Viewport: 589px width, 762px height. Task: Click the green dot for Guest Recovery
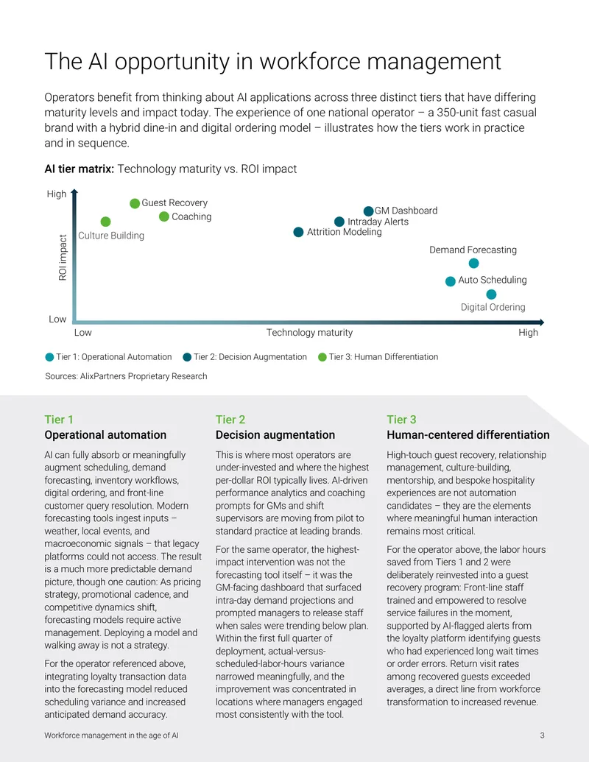pyautogui.click(x=135, y=204)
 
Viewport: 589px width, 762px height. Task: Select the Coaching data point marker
pyautogui.click(x=164, y=216)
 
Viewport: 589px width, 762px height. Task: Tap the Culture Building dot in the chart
pyautogui.click(x=106, y=222)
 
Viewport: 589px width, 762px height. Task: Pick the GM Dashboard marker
pyautogui.click(x=369, y=211)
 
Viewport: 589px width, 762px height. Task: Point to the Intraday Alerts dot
pyautogui.click(x=339, y=222)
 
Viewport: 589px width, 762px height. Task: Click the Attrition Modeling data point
pyautogui.click(x=299, y=233)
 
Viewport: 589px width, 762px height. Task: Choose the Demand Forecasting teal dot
pyautogui.click(x=474, y=264)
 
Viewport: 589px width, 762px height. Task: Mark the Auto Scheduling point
pyautogui.click(x=451, y=281)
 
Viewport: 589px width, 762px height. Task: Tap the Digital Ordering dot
pyautogui.click(x=491, y=294)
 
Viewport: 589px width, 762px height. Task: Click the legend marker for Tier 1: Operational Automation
pyautogui.click(x=49, y=357)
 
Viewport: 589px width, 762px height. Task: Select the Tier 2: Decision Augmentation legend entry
pyautogui.click(x=245, y=357)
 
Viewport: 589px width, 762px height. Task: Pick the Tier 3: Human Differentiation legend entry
pyautogui.click(x=378, y=357)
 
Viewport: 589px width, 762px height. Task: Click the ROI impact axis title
pyautogui.click(x=62, y=258)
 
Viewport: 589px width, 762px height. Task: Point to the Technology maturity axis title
pyautogui.click(x=309, y=332)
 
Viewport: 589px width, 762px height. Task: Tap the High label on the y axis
pyautogui.click(x=57, y=194)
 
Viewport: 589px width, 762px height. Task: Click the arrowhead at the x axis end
pyautogui.click(x=541, y=322)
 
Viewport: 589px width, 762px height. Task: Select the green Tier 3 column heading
pyautogui.click(x=401, y=420)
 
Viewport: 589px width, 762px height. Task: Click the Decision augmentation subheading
pyautogui.click(x=275, y=435)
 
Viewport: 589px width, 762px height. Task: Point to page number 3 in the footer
pyautogui.click(x=543, y=735)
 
